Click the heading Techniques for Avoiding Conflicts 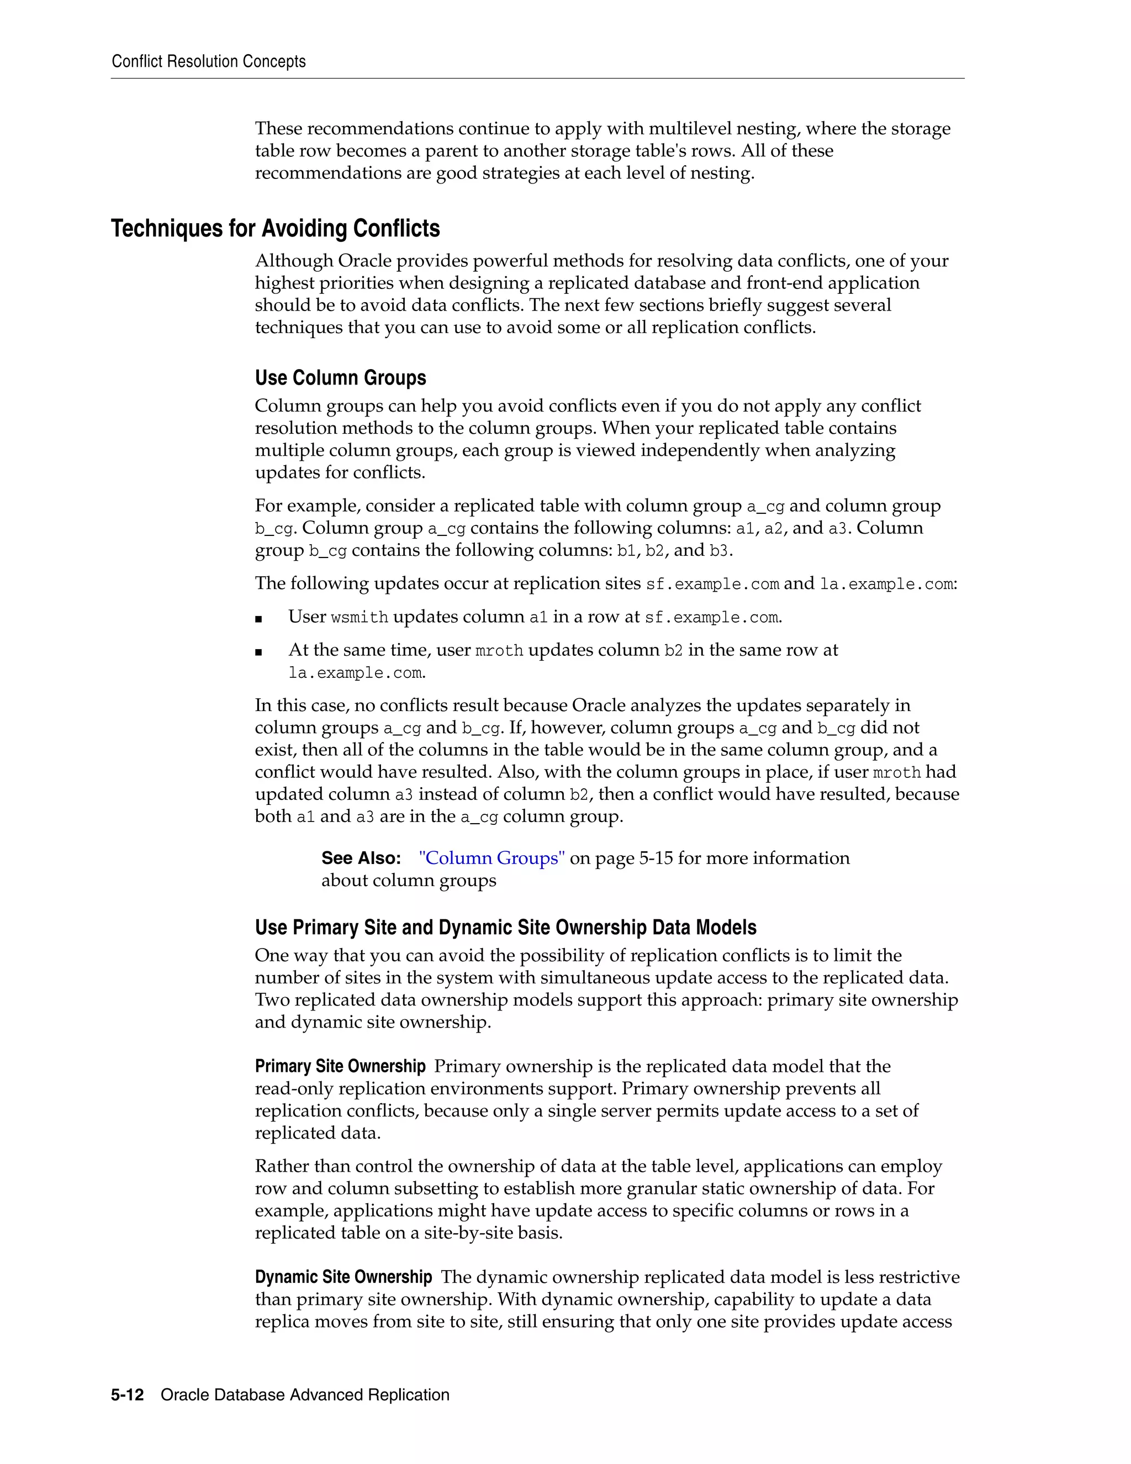(x=276, y=229)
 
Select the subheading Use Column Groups (x=340, y=378)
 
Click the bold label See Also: (x=361, y=858)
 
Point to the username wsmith (x=360, y=618)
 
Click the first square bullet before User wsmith (x=258, y=619)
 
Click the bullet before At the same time (x=258, y=651)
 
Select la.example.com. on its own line (x=357, y=673)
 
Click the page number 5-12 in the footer (x=128, y=1395)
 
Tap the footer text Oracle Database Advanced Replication (x=305, y=1395)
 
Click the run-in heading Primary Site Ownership (x=340, y=1066)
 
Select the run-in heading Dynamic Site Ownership (x=343, y=1278)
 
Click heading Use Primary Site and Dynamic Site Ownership (x=506, y=928)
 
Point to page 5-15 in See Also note (x=640, y=858)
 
